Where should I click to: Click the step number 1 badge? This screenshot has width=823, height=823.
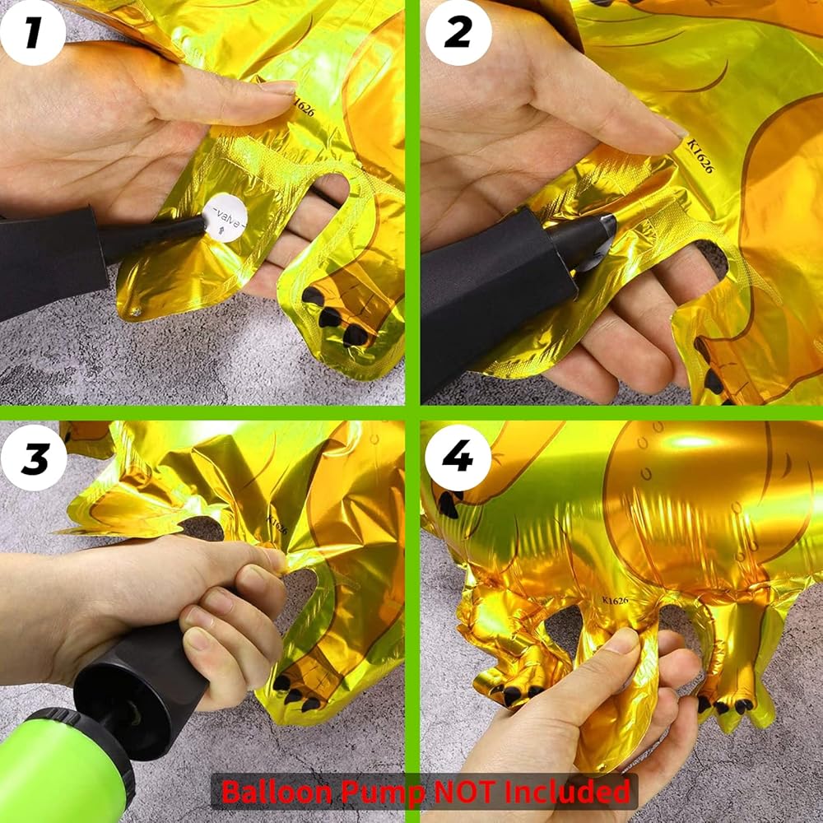[x=33, y=33]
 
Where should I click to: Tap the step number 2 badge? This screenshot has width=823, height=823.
[x=458, y=33]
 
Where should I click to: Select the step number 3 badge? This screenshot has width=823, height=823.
[x=34, y=458]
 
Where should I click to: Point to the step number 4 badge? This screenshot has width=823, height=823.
[x=458, y=457]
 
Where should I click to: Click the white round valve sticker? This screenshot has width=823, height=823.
[x=226, y=218]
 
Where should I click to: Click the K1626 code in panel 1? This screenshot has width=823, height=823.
[x=304, y=106]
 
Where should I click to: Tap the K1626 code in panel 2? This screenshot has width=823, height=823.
[x=700, y=155]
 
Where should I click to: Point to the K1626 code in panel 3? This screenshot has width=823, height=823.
[x=277, y=524]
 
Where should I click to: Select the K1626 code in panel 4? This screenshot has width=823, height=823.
[x=615, y=601]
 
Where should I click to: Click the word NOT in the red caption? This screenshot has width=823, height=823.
[x=464, y=792]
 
